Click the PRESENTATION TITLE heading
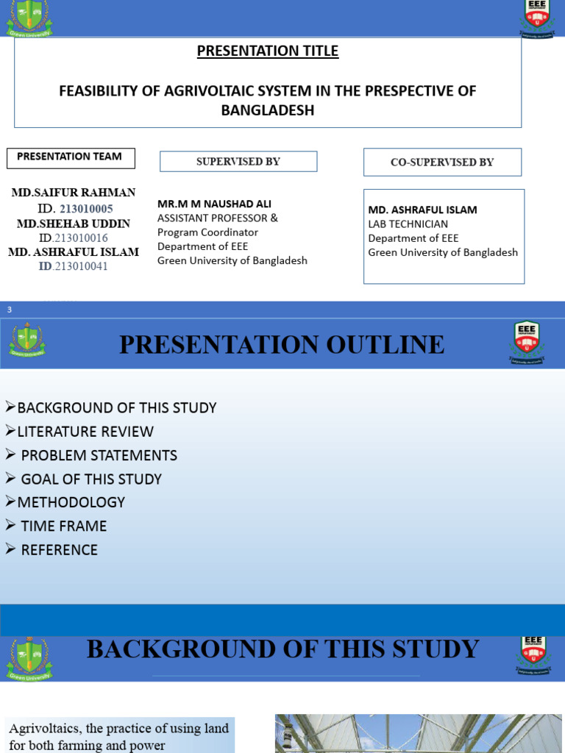click(268, 51)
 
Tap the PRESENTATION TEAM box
click(71, 157)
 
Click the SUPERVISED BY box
click(238, 162)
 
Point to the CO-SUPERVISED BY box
click(442, 163)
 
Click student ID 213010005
click(86, 209)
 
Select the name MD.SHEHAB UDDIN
click(74, 224)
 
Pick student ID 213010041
click(74, 266)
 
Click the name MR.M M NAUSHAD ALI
click(214, 204)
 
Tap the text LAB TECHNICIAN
click(408, 224)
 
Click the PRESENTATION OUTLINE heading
click(282, 344)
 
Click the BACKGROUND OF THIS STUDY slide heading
click(282, 649)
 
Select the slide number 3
click(10, 310)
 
